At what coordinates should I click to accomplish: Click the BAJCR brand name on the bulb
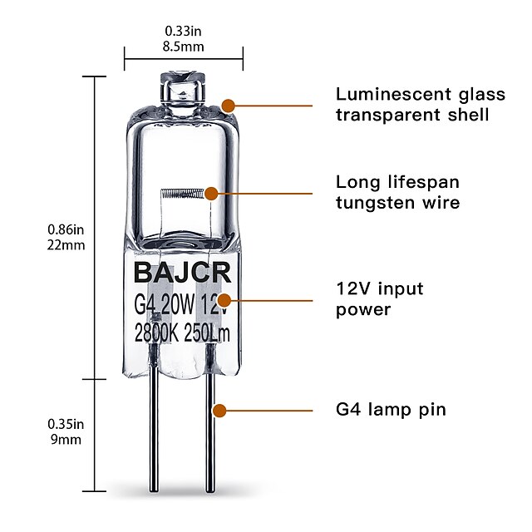183,273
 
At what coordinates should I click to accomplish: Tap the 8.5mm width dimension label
184,47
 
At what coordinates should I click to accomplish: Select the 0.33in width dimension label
184,32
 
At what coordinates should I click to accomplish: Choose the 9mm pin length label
64,440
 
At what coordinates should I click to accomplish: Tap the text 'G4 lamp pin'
391,410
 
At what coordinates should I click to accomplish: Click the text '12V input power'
379,299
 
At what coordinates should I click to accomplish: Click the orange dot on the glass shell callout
229,106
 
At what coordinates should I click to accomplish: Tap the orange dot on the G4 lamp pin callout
219,410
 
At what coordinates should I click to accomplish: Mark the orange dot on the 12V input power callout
224,299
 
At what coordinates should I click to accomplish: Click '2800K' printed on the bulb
158,334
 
